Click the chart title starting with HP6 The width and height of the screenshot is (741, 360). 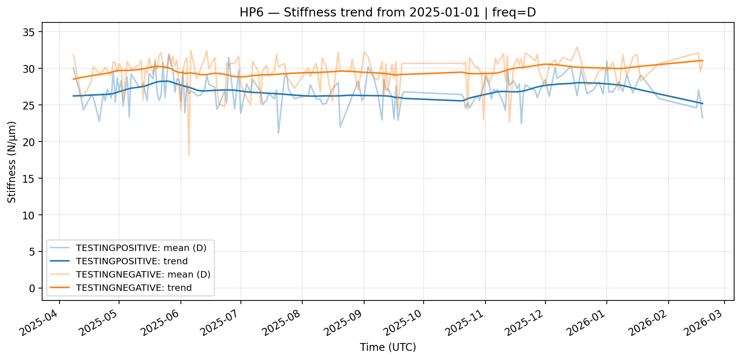tap(387, 12)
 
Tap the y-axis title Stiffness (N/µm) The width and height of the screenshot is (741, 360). tap(12, 162)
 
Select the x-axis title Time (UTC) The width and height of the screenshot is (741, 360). tap(388, 347)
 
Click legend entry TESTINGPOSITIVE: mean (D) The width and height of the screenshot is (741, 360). tap(141, 248)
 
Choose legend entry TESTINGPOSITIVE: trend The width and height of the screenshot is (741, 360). tap(132, 261)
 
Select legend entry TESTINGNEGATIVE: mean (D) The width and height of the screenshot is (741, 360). tap(143, 274)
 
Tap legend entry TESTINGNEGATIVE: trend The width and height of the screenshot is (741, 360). tap(134, 288)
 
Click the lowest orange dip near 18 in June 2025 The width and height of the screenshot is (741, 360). tap(189, 155)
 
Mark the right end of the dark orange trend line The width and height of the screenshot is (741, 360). tap(703, 60)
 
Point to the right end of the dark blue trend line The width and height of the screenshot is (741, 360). tap(703, 104)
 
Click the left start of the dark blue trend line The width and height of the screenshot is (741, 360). tap(73, 96)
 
